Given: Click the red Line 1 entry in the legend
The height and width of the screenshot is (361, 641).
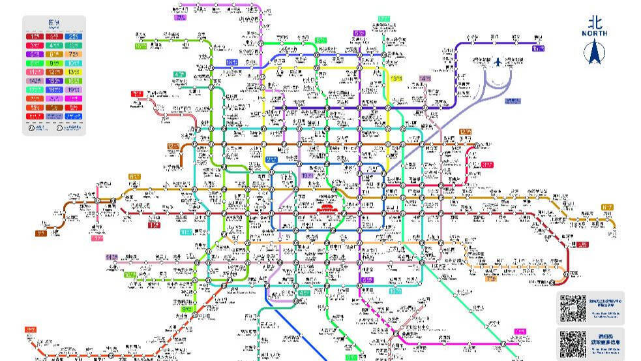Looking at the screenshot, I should pyautogui.click(x=35, y=37).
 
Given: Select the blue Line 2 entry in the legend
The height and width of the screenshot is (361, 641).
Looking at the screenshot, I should pyautogui.click(x=74, y=37).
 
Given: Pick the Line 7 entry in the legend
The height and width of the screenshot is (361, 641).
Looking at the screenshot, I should pyautogui.click(x=74, y=54).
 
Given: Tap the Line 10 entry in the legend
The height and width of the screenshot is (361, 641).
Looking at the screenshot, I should pyautogui.click(x=74, y=63).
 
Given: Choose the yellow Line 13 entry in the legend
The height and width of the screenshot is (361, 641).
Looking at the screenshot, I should pyautogui.click(x=74, y=72).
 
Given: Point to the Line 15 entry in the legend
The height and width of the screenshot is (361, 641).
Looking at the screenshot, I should pyautogui.click(x=54, y=81).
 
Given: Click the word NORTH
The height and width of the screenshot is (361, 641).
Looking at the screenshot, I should pyautogui.click(x=594, y=33).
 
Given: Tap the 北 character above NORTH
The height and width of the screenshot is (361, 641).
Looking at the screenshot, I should pyautogui.click(x=594, y=22).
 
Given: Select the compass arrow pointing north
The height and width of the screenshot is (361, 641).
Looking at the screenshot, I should pyautogui.click(x=594, y=52).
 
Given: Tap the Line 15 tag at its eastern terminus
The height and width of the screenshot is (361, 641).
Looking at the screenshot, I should pyautogui.click(x=538, y=48).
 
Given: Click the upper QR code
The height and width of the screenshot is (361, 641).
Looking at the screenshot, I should pyautogui.click(x=574, y=308).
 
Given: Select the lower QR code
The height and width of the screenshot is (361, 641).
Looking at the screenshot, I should pyautogui.click(x=574, y=343).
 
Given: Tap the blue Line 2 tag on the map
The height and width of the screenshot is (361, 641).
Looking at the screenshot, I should pyautogui.click(x=272, y=159).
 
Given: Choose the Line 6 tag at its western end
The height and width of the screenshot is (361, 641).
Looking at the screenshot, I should pyautogui.click(x=134, y=176).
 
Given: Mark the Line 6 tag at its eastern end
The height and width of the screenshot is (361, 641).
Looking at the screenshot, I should pyautogui.click(x=607, y=208).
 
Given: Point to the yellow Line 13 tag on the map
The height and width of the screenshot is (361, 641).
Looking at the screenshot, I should pyautogui.click(x=396, y=78).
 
